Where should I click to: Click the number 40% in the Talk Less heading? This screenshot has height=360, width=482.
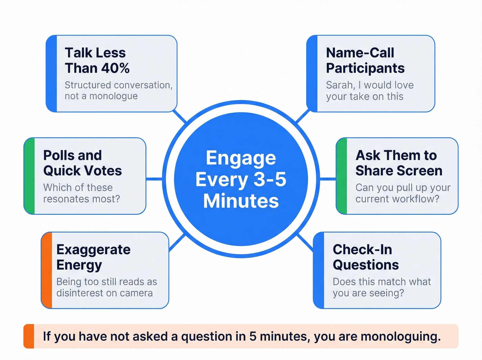click(115, 68)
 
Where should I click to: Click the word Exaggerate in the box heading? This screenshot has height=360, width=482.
click(93, 249)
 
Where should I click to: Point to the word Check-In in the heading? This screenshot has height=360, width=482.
click(362, 249)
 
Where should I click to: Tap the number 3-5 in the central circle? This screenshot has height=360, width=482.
click(270, 179)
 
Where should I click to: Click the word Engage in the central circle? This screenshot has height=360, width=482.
click(241, 158)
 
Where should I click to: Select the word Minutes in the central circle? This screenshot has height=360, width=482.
click(241, 201)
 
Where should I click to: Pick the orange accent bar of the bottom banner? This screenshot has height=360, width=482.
click(29, 336)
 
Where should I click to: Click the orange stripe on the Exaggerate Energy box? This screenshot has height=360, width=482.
click(47, 270)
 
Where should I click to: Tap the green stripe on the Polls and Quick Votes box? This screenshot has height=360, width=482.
click(30, 176)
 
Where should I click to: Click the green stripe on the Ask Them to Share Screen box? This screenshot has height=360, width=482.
click(342, 176)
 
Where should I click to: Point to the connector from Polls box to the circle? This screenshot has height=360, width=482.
click(154, 179)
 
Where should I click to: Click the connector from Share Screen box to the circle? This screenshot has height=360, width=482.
click(328, 179)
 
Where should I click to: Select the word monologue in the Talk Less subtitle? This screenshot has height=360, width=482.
click(113, 96)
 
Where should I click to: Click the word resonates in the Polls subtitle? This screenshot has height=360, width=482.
click(63, 199)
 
